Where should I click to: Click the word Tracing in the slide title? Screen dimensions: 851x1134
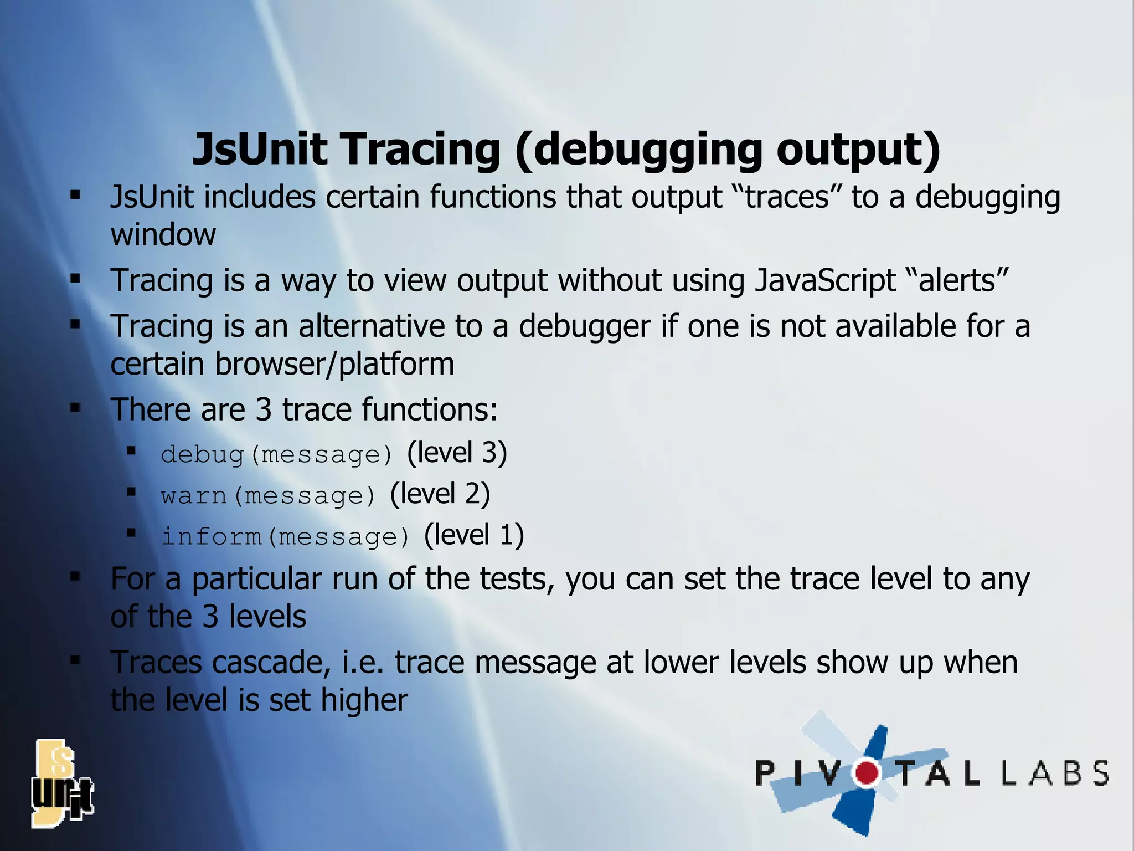tap(420, 150)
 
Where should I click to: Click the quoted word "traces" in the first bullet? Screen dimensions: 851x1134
tap(787, 197)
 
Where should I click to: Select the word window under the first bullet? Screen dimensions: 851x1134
tap(163, 235)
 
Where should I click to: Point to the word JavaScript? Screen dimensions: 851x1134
tap(825, 280)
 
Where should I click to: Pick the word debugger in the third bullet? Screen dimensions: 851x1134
tap(584, 327)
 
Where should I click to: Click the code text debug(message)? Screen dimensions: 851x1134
tap(277, 455)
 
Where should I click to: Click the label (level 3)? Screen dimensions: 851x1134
tap(457, 453)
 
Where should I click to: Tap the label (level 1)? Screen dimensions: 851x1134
tap(474, 535)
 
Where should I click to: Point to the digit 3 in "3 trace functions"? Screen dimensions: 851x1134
tap(264, 410)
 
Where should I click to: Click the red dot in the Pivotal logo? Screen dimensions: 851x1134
tap(867, 773)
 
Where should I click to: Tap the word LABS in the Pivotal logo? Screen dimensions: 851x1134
tap(1055, 773)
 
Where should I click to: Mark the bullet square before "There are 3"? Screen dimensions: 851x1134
tap(75, 409)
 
